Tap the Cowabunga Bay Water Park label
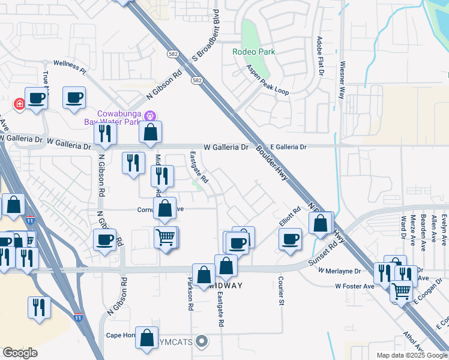[116, 118]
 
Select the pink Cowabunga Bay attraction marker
[151, 115]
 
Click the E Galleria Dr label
[288, 147]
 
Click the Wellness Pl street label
[70, 66]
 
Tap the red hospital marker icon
[19, 104]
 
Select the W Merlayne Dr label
[339, 271]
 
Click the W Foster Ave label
[355, 286]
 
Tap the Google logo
[20, 353]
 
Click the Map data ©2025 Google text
[408, 355]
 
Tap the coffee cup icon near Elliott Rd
[291, 239]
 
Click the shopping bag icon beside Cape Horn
[147, 338]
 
